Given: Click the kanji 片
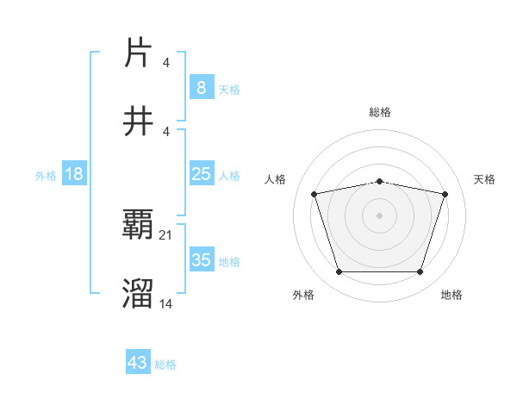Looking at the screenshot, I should coord(138,53).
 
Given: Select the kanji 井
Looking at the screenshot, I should coord(138,121).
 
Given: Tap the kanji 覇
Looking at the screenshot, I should coord(138,226).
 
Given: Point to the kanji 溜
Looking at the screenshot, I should coord(138,294).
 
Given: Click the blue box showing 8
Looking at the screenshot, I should coord(201,87).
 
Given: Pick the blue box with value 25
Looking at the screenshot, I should coord(201,174).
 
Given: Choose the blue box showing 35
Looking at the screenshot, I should coord(201,260).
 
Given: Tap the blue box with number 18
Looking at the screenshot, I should coord(74,174).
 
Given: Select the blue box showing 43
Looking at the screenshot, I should coord(138,363).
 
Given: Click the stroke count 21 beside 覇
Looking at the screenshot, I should coord(166,234).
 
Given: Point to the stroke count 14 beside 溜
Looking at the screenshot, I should coord(166,303).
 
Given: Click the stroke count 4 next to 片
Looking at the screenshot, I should coord(165,62).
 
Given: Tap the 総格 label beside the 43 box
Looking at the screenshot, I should coord(165,364).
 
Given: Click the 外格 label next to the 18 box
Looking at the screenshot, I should coord(46,176).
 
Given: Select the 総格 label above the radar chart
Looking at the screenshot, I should coord(379,112).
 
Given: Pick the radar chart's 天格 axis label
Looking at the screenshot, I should coord(484,179).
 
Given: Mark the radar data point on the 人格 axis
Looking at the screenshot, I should coord(314,195).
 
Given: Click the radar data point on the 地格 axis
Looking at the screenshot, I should coord(420,272).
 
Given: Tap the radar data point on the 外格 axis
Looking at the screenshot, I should coord(339,272).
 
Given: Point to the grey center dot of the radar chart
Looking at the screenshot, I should coord(379,215).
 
